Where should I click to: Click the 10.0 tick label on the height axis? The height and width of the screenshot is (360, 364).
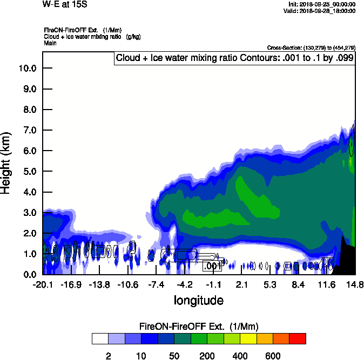pyautogui.click(x=27, y=69)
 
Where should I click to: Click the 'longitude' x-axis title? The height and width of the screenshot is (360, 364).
pyautogui.click(x=198, y=300)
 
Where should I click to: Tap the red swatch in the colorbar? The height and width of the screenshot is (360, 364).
pyautogui.click(x=298, y=338)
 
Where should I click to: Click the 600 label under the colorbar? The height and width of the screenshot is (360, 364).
pyautogui.click(x=273, y=356)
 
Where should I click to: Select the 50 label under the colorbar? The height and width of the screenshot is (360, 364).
pyautogui.click(x=174, y=356)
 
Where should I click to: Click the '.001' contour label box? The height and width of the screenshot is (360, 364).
pyautogui.click(x=212, y=266)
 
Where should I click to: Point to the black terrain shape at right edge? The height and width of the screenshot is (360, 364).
pyautogui.click(x=346, y=257)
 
